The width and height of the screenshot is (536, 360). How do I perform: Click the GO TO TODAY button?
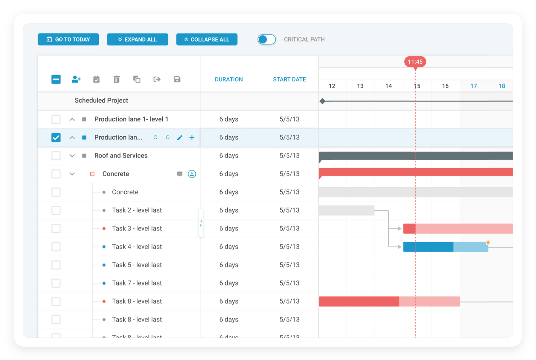point(68,39)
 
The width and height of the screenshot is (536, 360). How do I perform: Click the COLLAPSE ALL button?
point(207,39)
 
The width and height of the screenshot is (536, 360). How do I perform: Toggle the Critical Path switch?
point(266,39)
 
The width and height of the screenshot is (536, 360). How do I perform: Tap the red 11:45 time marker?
point(415,62)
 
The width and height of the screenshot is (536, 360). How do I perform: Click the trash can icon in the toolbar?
point(116,80)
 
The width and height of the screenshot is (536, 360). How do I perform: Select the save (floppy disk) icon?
point(177,80)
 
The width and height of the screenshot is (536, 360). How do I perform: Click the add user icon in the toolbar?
point(76,80)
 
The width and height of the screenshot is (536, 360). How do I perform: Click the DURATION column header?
point(229,80)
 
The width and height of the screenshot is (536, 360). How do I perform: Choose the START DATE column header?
point(289,80)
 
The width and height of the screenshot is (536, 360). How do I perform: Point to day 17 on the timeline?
point(473,86)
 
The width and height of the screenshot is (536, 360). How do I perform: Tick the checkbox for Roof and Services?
point(56,156)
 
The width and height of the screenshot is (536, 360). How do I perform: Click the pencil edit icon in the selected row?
point(179,138)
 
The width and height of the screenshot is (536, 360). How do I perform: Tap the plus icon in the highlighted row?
point(192,138)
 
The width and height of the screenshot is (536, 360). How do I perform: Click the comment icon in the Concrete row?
point(179,174)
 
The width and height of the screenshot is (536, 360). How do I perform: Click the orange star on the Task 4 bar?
point(488,242)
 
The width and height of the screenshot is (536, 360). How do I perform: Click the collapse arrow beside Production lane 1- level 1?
point(72,119)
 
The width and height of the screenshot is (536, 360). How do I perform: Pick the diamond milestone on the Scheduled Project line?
point(322,101)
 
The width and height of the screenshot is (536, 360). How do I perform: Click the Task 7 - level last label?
point(137,283)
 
